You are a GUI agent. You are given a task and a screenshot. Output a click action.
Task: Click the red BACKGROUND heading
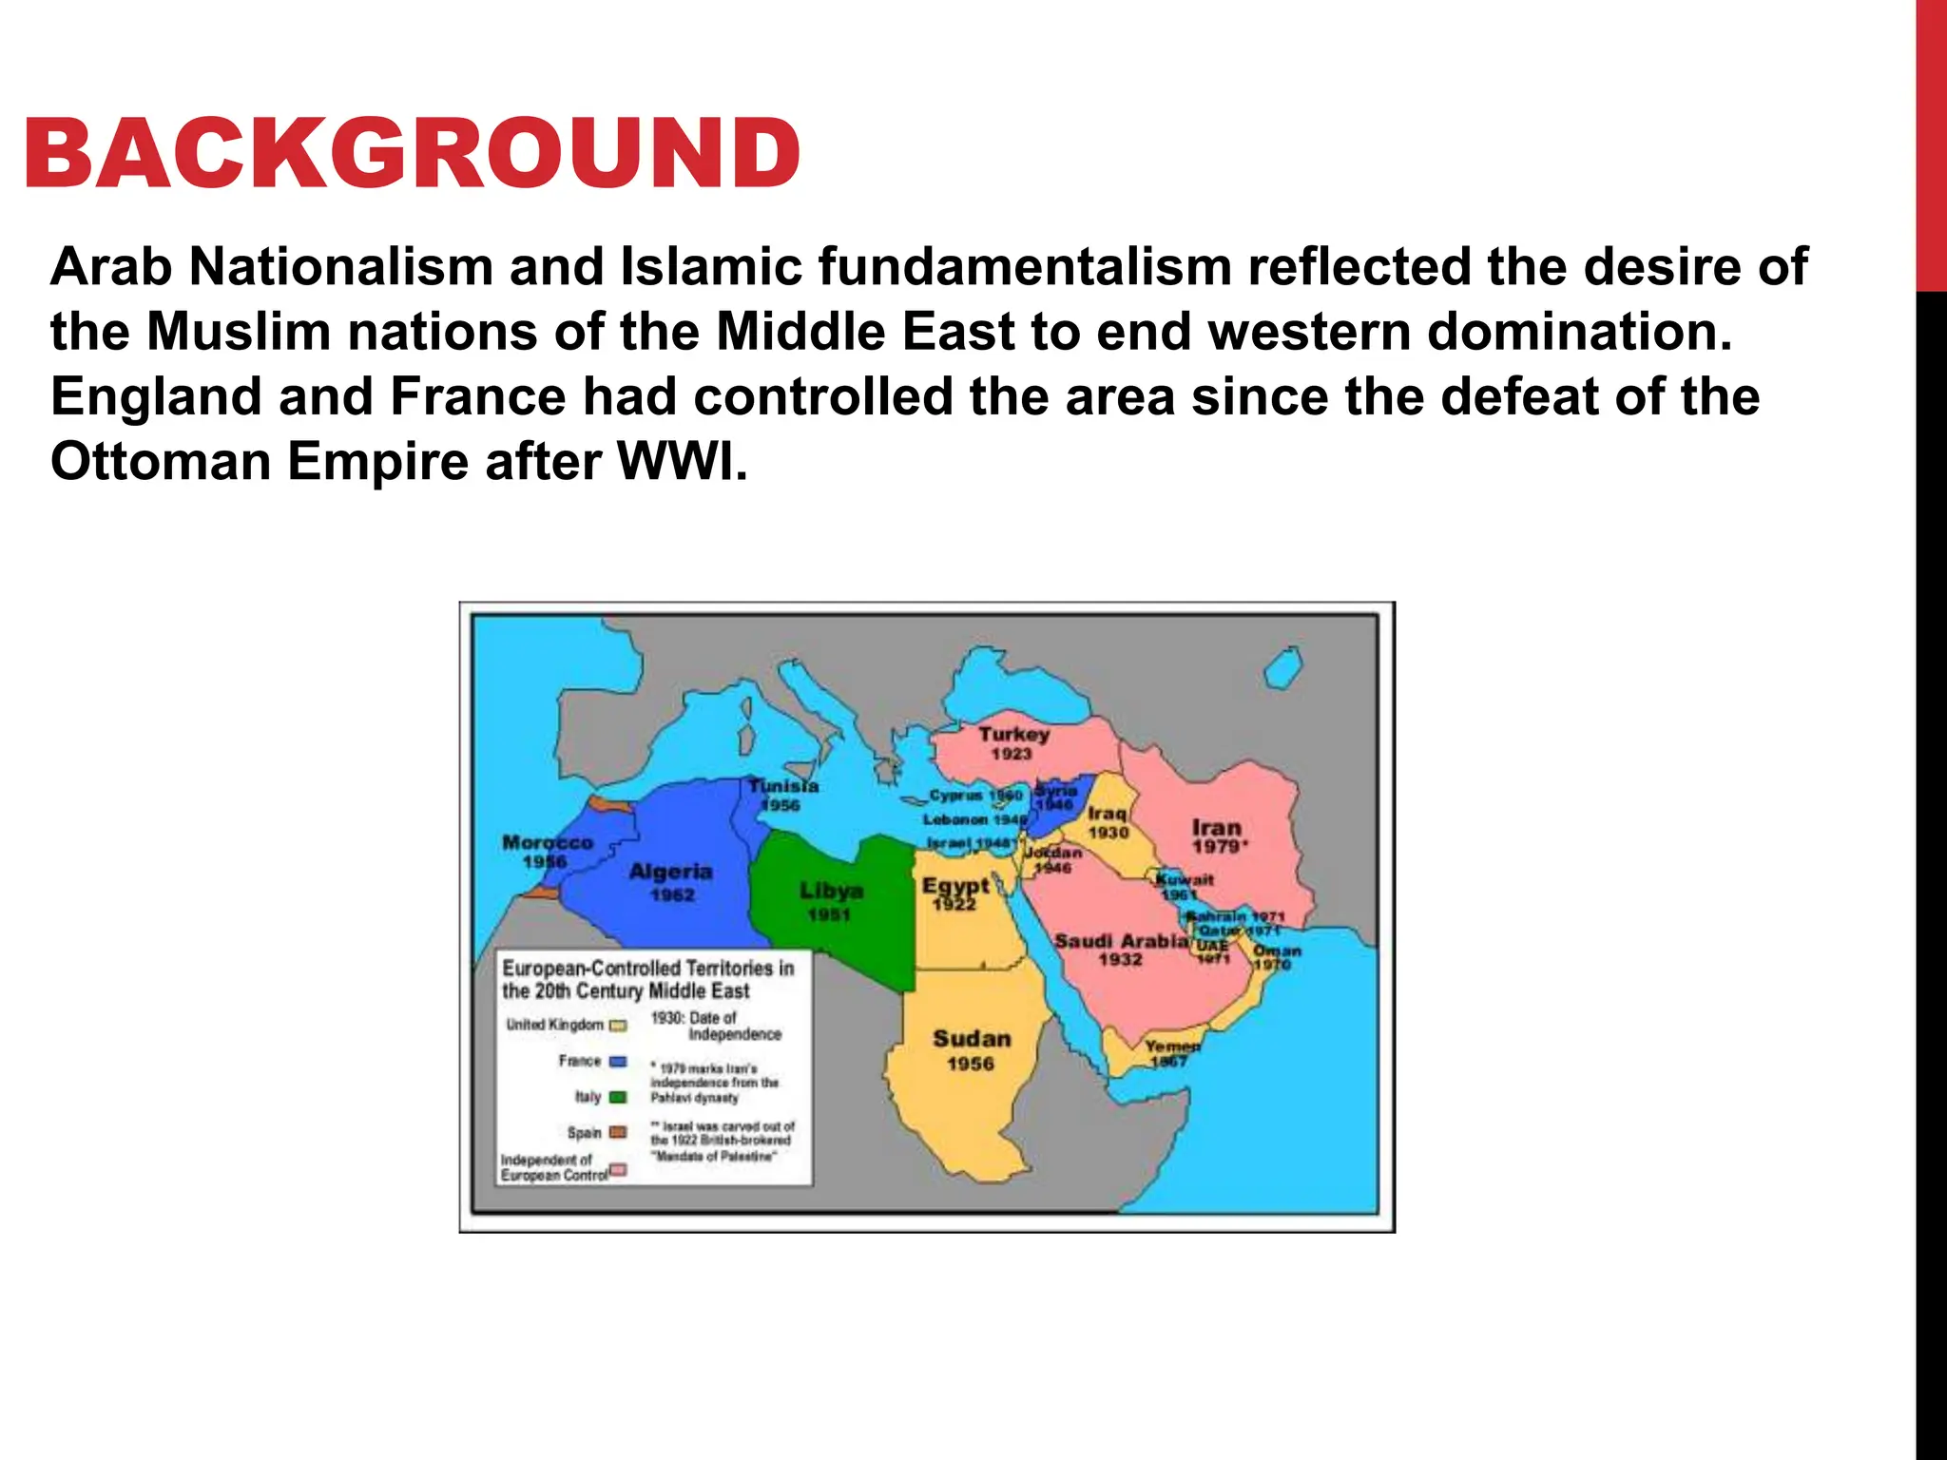point(412,154)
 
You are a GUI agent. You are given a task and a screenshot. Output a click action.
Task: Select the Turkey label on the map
point(1013,735)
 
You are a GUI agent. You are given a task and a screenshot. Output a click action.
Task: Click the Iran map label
point(1217,828)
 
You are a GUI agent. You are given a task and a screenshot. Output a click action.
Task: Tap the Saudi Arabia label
point(1121,941)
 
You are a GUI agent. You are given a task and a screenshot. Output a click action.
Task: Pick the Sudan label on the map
point(972,1039)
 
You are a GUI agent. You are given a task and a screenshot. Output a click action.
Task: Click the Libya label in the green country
point(831,892)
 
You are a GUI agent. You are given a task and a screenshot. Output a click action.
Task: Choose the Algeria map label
point(670,872)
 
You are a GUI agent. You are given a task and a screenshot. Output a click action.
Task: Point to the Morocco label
point(548,843)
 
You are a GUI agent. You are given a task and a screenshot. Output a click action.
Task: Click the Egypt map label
point(955,886)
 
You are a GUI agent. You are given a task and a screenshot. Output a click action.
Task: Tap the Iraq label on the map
point(1108,814)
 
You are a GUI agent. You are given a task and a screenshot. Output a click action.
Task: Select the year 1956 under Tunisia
point(781,806)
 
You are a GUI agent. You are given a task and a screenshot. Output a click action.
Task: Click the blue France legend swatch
point(617,1062)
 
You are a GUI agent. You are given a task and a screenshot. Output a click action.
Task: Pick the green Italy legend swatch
point(617,1097)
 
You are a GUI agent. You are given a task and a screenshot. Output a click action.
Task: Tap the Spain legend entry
point(586,1133)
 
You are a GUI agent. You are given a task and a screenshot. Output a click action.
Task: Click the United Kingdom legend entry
point(555,1025)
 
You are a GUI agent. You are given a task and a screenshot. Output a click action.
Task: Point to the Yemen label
point(1172,1046)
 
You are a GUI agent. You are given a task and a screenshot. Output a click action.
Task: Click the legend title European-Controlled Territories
point(647,969)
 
